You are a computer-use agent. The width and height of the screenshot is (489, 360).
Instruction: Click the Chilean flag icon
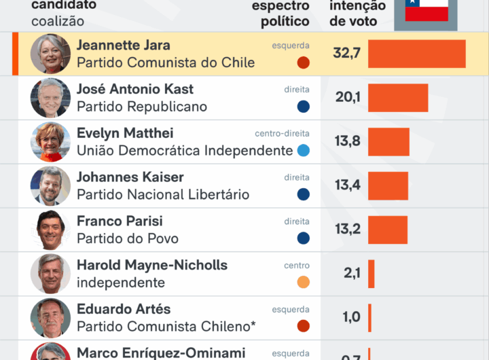click(x=427, y=10)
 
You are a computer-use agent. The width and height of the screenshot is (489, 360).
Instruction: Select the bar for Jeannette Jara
click(x=416, y=54)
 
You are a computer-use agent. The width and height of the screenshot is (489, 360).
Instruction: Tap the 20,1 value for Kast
click(x=348, y=98)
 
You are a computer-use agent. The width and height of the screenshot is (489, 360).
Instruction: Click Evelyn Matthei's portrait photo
click(x=50, y=142)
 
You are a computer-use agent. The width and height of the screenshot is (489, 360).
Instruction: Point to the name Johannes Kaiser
click(x=130, y=177)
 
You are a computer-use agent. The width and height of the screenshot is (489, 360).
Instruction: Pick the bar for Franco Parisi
click(x=388, y=230)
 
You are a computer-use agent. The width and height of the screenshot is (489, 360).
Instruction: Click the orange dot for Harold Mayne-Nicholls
click(x=303, y=282)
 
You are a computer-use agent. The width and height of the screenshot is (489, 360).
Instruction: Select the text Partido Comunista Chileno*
click(x=166, y=327)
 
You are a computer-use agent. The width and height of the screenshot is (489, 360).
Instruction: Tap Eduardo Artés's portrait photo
click(x=50, y=318)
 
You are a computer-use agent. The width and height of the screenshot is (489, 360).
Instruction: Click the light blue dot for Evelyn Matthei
click(x=303, y=150)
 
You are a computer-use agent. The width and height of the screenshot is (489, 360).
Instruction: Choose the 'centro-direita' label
click(x=282, y=134)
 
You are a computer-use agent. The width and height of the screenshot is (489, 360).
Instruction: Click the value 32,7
click(x=346, y=54)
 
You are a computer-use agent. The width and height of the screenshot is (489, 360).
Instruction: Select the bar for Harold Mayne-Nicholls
click(x=371, y=274)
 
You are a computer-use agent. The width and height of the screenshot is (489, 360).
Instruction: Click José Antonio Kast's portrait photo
click(x=50, y=98)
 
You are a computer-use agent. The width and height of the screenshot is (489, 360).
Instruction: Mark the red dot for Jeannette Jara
click(x=303, y=62)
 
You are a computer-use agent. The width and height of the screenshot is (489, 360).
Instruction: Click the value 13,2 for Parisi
click(x=347, y=230)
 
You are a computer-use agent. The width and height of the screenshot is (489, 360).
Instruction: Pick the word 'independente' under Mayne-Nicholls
click(x=121, y=283)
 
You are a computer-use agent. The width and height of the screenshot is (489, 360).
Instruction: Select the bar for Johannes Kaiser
click(x=388, y=185)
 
